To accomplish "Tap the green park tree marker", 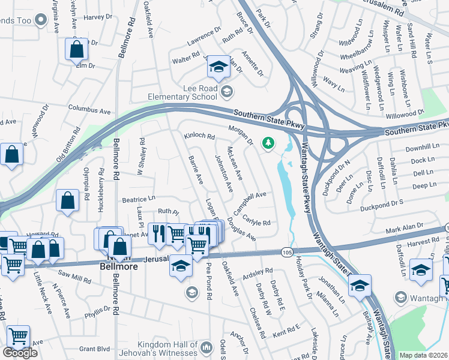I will (x=268, y=143).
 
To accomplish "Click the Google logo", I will (x=20, y=353).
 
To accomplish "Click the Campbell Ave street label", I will (x=250, y=202).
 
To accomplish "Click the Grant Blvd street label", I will (x=95, y=348).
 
